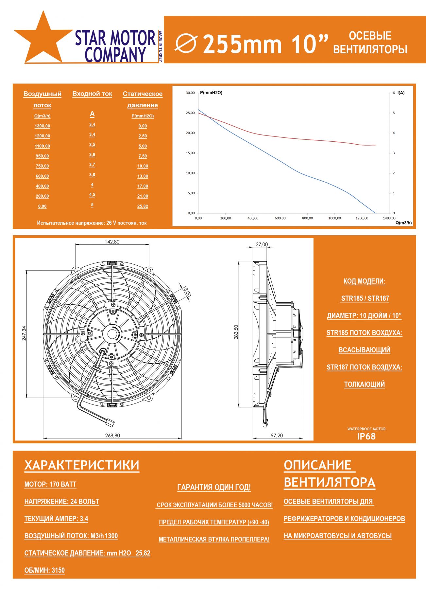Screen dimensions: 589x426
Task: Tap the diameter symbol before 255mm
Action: [x=186, y=44]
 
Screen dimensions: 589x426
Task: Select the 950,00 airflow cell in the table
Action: [x=43, y=156]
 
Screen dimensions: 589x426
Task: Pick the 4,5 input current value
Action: [x=92, y=195]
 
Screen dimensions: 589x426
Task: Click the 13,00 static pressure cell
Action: [x=143, y=176]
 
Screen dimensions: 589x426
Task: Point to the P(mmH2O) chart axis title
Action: [x=211, y=93]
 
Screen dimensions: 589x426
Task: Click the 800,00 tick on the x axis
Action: [x=307, y=218]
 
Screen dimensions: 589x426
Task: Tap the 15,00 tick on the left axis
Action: [x=190, y=153]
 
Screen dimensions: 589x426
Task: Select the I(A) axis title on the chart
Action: [x=401, y=93]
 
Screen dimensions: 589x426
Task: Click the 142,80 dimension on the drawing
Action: [x=112, y=242]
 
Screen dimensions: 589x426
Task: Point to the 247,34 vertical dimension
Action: [x=24, y=333]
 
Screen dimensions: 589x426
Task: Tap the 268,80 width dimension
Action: [x=112, y=435]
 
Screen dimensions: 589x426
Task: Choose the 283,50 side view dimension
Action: [x=236, y=332]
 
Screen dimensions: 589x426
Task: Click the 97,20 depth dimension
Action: [x=277, y=435]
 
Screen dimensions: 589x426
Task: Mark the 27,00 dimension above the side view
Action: [x=262, y=244]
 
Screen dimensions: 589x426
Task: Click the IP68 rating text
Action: [x=366, y=436]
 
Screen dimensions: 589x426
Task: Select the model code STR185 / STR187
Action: [x=365, y=298]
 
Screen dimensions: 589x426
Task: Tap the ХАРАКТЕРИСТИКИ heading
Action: [x=82, y=465]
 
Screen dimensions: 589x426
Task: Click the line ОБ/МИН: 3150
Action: [x=44, y=570]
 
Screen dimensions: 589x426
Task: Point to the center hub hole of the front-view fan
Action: [x=112, y=334]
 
